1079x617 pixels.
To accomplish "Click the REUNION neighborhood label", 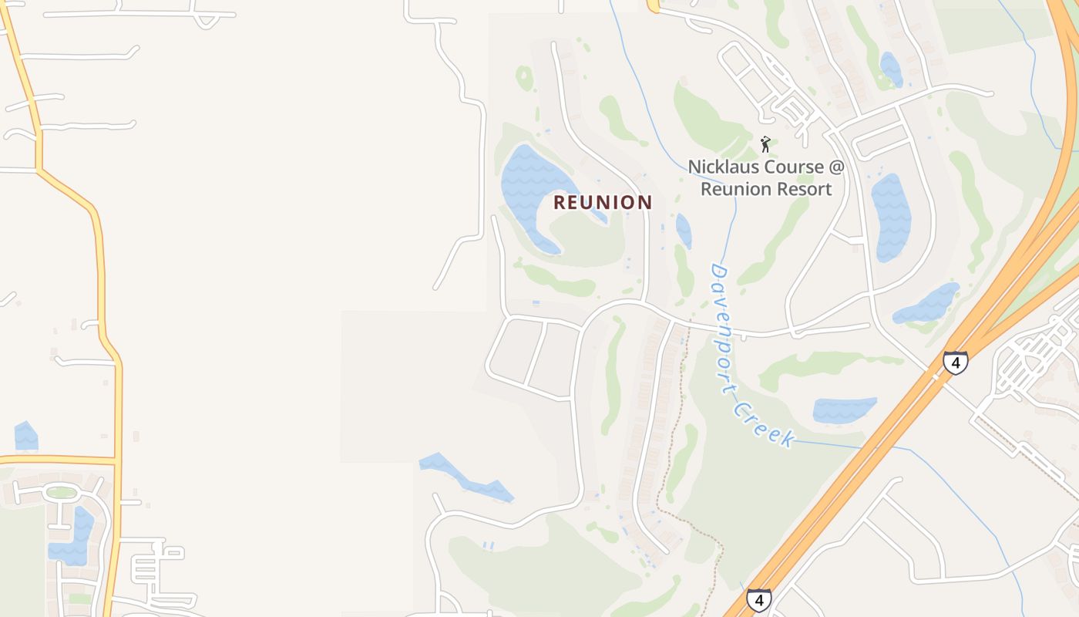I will [603, 202].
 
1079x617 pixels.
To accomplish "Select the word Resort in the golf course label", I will [798, 189].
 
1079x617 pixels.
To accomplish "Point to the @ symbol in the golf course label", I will [837, 167].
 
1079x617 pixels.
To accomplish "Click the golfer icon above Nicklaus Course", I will [765, 144].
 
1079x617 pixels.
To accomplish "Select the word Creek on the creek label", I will [766, 425].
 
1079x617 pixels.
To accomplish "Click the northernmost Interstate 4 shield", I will [955, 362].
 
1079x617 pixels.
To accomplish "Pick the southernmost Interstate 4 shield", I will [758, 599].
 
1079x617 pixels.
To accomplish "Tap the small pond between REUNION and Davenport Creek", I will [684, 230].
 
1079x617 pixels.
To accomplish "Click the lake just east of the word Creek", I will [844, 410].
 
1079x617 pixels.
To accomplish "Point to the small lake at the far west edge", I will [25, 437].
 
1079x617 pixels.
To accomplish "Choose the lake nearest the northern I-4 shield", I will [928, 304].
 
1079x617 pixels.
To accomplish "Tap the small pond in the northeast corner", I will [891, 69].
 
